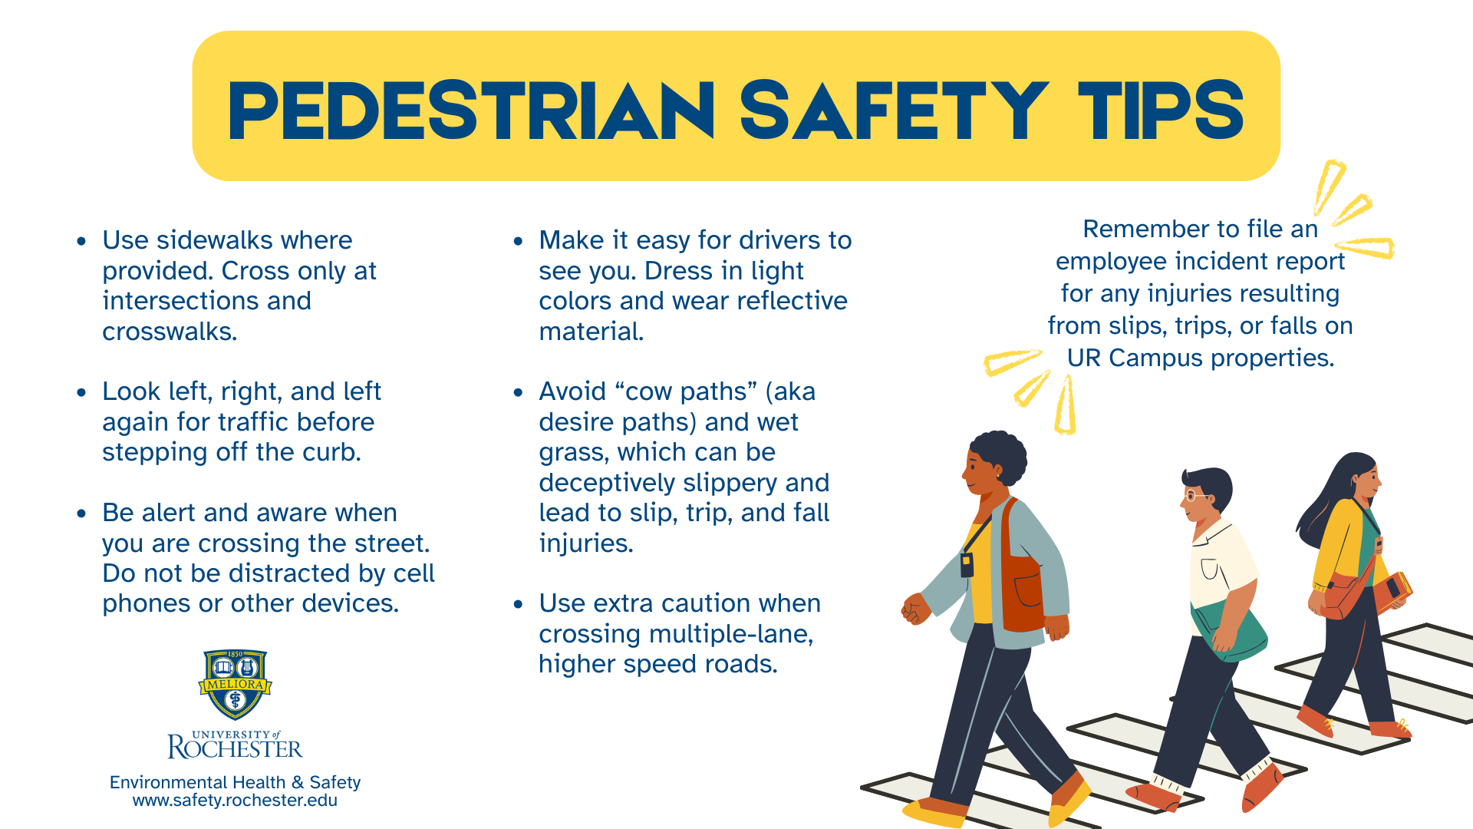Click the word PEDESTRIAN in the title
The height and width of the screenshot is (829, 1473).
point(472,111)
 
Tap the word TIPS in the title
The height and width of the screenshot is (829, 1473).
point(1161,111)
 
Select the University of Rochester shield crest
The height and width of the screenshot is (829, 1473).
point(236,685)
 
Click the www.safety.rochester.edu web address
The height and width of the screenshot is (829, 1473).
point(235,801)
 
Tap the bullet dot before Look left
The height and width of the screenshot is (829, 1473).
point(82,393)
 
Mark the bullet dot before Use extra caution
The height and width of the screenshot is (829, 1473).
point(519,605)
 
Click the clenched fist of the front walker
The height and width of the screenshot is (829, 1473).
point(915,609)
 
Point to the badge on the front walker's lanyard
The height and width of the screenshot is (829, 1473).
point(967,565)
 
